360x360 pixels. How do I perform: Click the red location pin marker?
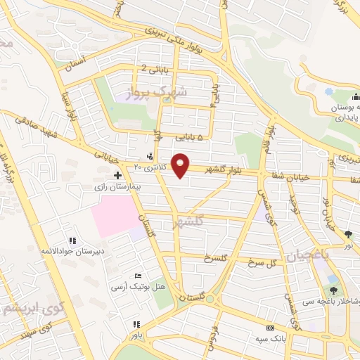point(182,165)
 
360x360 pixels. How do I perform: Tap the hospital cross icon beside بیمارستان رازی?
point(117,174)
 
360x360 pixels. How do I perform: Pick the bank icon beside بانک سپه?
point(269,328)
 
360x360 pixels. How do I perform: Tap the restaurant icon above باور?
point(136,324)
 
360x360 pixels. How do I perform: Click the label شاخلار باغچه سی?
point(331,302)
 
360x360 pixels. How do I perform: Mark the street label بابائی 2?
point(153,68)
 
